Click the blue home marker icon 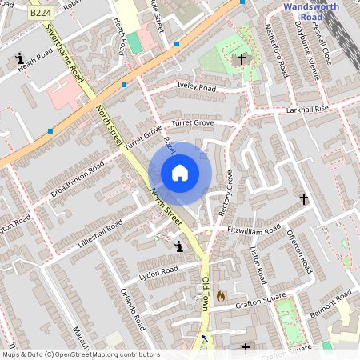click(180, 173)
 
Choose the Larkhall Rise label click(306, 109)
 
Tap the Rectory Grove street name click(230, 191)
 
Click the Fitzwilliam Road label click(254, 231)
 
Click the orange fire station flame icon click(221, 296)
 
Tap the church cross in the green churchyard click(241, 59)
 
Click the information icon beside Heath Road click(19, 58)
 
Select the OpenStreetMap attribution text click(81, 354)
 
